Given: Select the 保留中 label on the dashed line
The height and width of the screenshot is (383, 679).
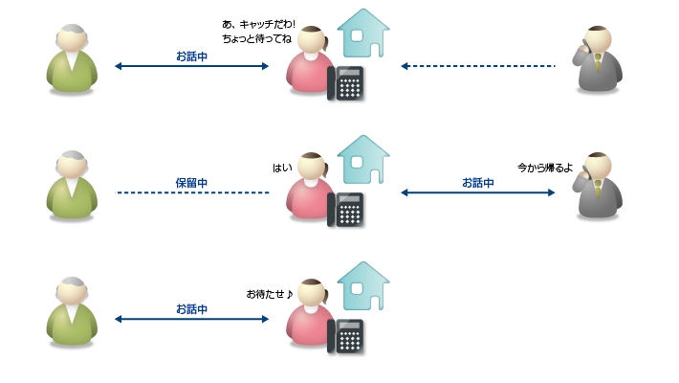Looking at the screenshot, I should click(x=191, y=182).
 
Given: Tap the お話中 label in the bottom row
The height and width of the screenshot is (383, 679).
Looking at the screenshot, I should click(x=191, y=308).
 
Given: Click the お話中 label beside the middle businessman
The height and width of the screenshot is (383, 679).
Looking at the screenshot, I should click(x=477, y=182).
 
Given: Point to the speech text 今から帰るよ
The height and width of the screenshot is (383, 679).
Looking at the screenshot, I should click(x=545, y=167).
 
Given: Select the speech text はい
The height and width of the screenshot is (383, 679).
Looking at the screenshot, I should click(x=282, y=168).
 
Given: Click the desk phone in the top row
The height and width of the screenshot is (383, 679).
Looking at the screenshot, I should click(x=347, y=83).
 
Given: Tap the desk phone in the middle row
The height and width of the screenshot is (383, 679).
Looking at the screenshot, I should click(x=347, y=210).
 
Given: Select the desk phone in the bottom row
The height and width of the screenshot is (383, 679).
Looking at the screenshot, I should click(x=347, y=336).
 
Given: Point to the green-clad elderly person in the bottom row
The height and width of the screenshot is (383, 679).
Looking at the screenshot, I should click(x=73, y=312).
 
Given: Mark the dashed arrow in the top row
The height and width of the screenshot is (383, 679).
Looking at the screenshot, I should click(x=477, y=66).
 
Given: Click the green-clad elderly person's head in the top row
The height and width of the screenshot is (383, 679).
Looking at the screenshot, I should click(x=73, y=38).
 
